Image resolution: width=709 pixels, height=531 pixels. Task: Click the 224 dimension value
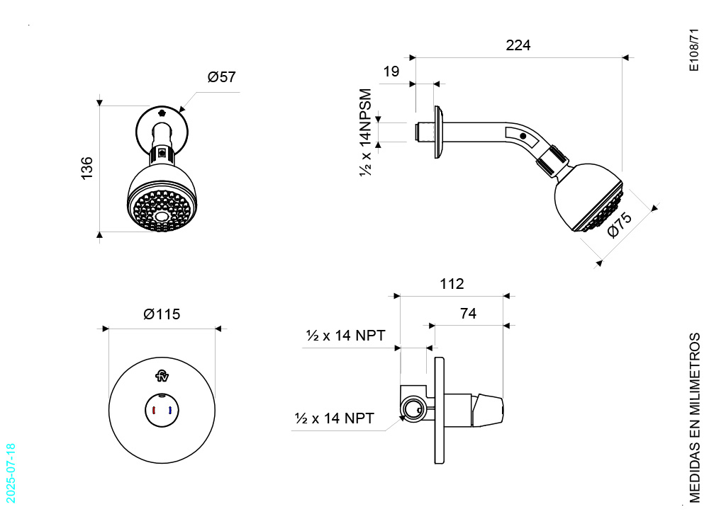click(518, 45)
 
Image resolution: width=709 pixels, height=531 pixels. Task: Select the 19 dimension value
click(391, 72)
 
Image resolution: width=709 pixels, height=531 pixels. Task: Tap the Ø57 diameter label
click(221, 76)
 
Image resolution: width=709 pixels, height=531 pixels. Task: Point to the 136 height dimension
click(86, 169)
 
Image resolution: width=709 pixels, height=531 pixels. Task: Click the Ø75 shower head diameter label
click(620, 225)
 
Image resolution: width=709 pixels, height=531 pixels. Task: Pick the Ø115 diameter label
click(162, 314)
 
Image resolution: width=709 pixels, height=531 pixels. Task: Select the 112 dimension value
click(452, 284)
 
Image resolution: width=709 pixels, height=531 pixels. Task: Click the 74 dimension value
click(468, 313)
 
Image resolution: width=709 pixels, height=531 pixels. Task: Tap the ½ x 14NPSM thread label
click(365, 133)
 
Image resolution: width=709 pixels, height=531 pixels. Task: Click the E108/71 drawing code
click(694, 50)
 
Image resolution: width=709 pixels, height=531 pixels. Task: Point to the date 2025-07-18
click(11, 473)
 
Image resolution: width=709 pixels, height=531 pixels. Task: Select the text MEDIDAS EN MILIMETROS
click(695, 418)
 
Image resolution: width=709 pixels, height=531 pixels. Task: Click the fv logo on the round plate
click(162, 376)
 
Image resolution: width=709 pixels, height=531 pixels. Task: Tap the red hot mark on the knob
click(154, 411)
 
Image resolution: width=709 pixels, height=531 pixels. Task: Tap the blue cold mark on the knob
click(170, 411)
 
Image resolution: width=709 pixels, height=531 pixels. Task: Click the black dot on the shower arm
click(523, 136)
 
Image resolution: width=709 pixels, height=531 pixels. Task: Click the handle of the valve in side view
click(488, 410)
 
